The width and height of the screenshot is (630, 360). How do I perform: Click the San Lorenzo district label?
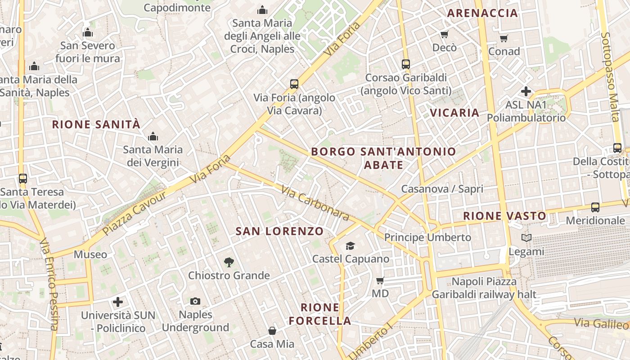pos(279,231)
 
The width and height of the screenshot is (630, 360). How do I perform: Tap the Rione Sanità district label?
pos(96,125)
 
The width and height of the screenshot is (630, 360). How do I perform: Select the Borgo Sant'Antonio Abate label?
pos(383,158)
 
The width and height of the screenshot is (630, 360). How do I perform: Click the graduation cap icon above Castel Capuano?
pos(350,246)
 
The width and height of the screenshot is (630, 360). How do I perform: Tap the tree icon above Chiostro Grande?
pos(229,262)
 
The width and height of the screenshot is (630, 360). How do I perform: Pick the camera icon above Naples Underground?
pos(195,301)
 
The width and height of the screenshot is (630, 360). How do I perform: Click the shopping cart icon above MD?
pos(380,281)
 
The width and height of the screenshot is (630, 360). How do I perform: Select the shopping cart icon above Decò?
pos(444,34)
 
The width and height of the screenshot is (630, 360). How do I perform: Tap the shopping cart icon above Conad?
pos(504,38)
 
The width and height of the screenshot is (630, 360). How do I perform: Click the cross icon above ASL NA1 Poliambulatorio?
pos(526,92)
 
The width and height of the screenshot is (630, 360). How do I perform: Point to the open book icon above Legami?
pos(526,238)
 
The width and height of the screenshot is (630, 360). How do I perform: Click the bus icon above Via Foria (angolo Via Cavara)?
pos(294,84)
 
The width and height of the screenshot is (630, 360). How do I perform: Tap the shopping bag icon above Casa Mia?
pos(272,331)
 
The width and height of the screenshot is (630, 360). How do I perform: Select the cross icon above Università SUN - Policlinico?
pos(118,302)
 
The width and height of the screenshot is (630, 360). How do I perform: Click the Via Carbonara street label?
pos(315,204)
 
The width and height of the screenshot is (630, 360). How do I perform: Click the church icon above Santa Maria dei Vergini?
pos(153,136)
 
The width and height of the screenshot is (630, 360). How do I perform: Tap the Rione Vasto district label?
pos(504,216)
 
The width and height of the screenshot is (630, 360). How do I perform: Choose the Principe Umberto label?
pos(427,237)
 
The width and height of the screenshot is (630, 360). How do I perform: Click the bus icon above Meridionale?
pos(595,207)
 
